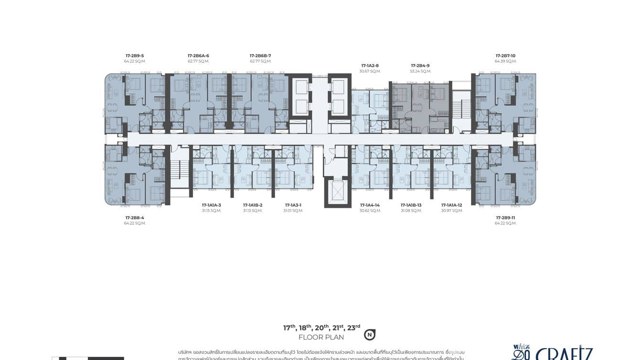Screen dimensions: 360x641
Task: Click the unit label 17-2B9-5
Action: point(135,56)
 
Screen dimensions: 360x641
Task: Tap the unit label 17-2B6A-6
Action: point(198,56)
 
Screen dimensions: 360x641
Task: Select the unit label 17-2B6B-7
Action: point(260,56)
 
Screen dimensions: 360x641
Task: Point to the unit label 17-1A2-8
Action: point(370,65)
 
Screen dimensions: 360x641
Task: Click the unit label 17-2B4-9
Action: point(420,65)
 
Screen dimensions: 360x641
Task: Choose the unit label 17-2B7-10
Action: point(505,56)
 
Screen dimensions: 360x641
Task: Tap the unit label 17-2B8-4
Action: point(135,218)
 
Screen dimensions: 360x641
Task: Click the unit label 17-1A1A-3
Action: point(211,205)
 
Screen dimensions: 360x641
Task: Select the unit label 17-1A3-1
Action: point(293,205)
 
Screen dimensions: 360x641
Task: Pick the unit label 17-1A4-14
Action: point(370,205)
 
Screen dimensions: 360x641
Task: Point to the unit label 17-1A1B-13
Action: point(411,205)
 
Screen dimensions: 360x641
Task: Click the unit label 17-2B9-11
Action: point(505,218)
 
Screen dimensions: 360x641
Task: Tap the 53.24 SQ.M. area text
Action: point(420,71)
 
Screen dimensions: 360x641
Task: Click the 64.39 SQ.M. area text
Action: point(505,61)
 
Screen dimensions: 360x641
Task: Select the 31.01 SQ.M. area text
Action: point(293,211)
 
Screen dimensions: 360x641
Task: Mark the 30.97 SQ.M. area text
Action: point(452,211)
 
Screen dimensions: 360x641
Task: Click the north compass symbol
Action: point(369,335)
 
